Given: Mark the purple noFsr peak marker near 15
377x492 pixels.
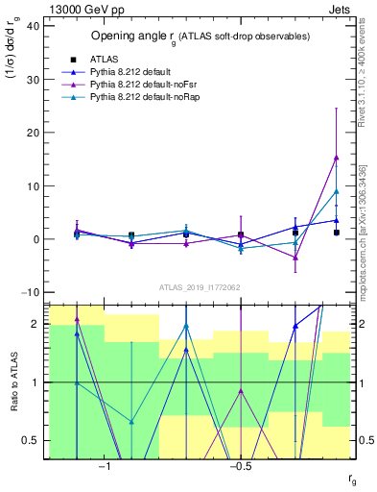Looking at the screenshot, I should point(336,158).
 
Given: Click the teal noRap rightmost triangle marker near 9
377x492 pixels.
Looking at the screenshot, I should point(336,191).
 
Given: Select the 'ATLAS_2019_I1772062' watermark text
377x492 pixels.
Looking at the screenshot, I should point(200,286).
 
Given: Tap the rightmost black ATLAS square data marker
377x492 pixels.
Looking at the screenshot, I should point(336,233).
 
